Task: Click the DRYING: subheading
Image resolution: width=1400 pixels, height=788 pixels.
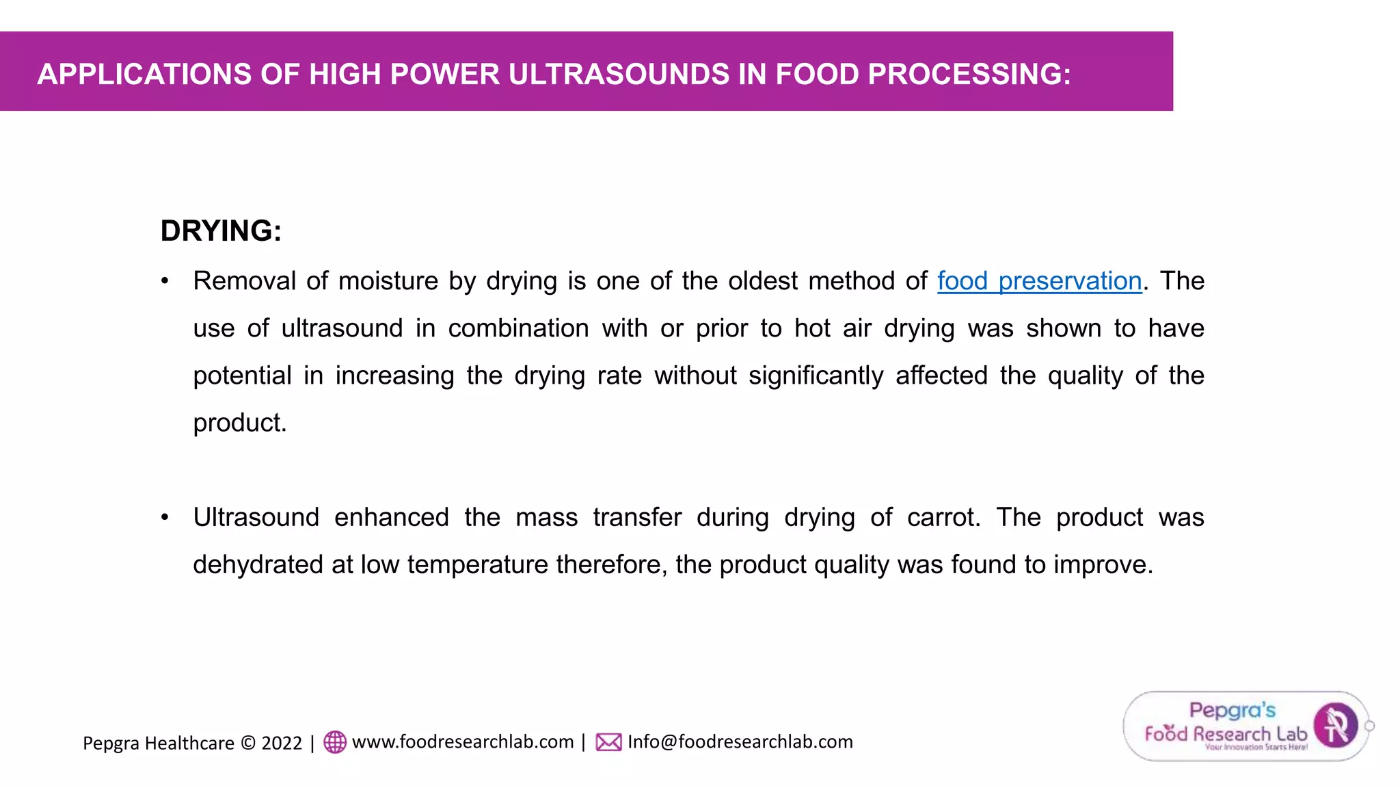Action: (x=221, y=231)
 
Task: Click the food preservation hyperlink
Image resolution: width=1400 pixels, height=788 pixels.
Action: (x=1039, y=281)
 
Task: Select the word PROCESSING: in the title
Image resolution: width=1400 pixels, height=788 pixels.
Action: (x=969, y=74)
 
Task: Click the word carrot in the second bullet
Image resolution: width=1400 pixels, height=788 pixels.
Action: (x=943, y=518)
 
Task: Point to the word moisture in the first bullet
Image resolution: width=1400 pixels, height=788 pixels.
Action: (x=388, y=281)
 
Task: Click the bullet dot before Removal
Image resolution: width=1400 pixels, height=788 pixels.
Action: (x=165, y=281)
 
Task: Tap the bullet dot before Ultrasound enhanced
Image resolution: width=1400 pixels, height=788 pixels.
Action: (x=165, y=518)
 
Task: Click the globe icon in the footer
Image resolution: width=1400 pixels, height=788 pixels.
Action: (x=335, y=742)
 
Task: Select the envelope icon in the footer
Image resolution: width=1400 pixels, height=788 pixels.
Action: (x=608, y=742)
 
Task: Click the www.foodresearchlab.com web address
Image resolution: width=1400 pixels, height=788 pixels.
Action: (x=463, y=742)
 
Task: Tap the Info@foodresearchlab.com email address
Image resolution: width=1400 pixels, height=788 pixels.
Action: (x=740, y=742)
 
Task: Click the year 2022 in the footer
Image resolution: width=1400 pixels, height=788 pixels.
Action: (x=282, y=743)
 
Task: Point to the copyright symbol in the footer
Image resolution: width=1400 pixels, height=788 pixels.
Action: (x=248, y=743)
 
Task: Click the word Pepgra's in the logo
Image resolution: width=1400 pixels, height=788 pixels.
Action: (x=1232, y=711)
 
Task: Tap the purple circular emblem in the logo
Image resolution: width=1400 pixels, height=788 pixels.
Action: (x=1336, y=725)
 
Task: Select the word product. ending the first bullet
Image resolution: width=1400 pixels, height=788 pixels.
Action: (x=240, y=423)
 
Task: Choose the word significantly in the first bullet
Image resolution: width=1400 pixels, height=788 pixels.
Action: (x=816, y=376)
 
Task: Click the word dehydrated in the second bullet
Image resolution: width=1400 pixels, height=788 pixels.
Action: (x=258, y=565)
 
